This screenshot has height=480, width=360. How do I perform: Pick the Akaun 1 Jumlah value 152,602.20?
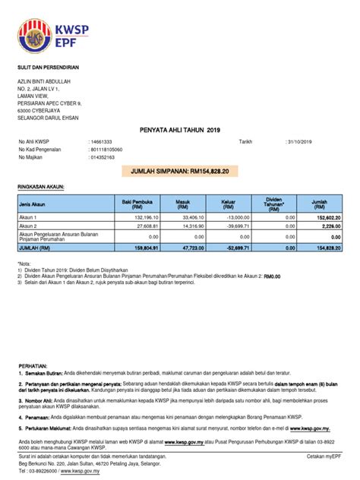tap(325, 217)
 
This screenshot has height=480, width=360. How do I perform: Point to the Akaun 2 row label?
tap(30, 226)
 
